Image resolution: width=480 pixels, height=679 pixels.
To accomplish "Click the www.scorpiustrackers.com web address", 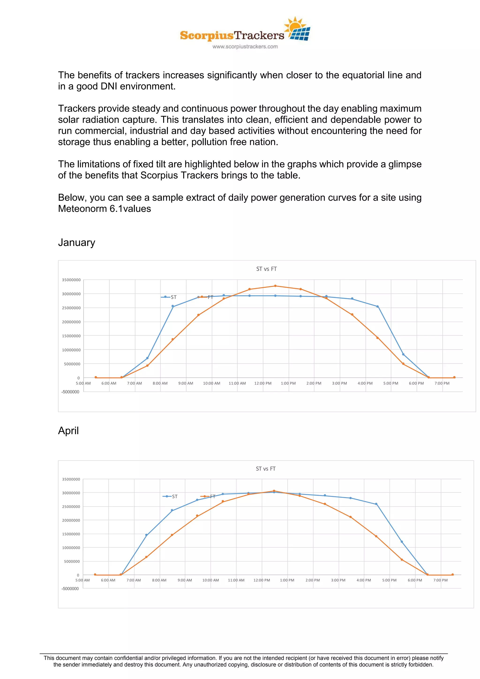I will click(x=245, y=46).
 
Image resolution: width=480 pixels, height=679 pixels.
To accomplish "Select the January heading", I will click(x=77, y=243).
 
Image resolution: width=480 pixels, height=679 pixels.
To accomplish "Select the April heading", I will click(x=68, y=431).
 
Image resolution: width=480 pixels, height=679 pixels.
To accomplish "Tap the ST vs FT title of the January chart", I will click(x=266, y=269).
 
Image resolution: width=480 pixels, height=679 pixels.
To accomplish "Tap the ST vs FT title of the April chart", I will click(x=266, y=469).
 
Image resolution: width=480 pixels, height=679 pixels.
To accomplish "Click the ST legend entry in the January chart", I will click(x=173, y=297).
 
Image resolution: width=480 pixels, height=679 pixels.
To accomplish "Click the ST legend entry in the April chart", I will click(x=174, y=496).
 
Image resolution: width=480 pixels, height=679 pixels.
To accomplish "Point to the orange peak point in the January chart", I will click(x=275, y=286).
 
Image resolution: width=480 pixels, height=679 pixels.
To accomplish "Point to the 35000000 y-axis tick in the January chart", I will click(x=71, y=280).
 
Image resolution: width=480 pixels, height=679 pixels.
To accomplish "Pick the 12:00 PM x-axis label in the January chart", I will click(x=263, y=383).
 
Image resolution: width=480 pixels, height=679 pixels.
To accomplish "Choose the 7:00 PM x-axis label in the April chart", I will click(x=440, y=580).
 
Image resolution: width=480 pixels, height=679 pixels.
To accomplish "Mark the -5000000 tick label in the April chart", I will click(x=70, y=589).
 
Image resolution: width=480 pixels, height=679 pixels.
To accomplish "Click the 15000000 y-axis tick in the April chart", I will click(x=71, y=534).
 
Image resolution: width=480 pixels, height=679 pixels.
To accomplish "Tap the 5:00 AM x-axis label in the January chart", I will click(x=83, y=383).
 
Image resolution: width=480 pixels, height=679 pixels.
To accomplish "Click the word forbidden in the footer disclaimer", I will click(x=420, y=664).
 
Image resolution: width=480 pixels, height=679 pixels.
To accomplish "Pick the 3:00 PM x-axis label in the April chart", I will click(x=338, y=580).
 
